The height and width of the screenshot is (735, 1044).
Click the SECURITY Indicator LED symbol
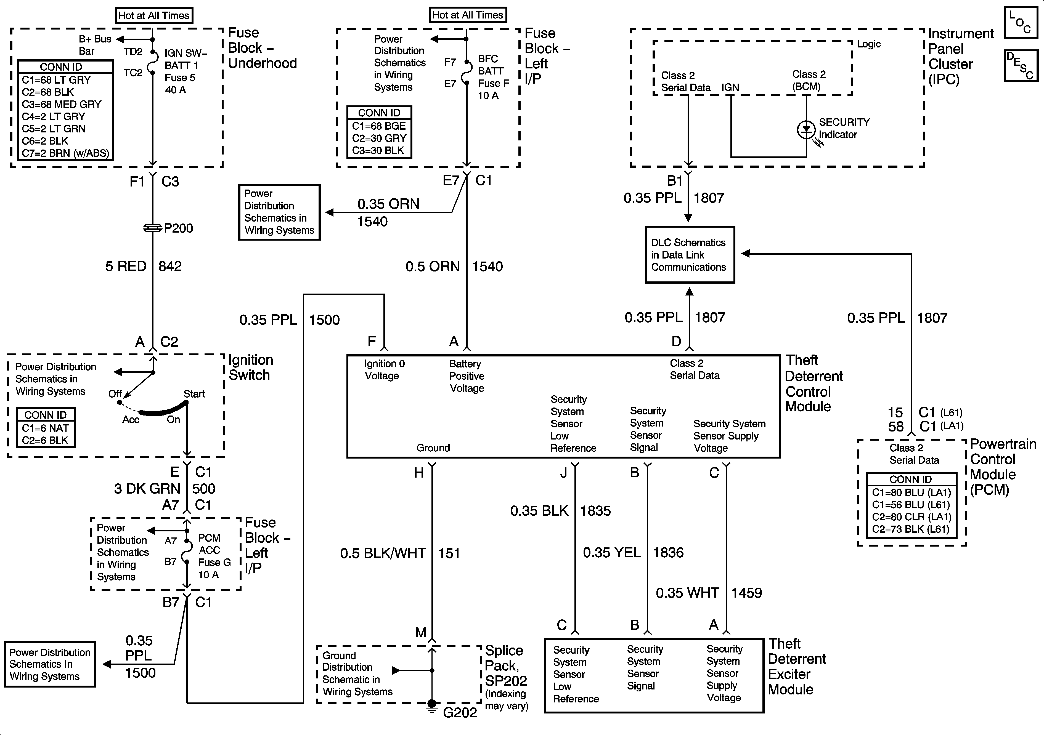806,130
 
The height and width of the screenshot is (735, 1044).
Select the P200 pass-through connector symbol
152,228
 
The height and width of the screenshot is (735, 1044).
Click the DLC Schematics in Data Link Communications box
690,255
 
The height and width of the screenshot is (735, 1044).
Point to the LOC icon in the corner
1021,22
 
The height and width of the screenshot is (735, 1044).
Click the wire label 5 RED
126,266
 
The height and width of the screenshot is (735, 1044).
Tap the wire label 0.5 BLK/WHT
383,553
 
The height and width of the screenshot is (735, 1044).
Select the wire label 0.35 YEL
612,552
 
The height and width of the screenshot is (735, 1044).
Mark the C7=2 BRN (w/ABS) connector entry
65,153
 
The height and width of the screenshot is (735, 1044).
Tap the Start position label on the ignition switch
194,394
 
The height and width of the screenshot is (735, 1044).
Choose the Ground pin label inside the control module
433,448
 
